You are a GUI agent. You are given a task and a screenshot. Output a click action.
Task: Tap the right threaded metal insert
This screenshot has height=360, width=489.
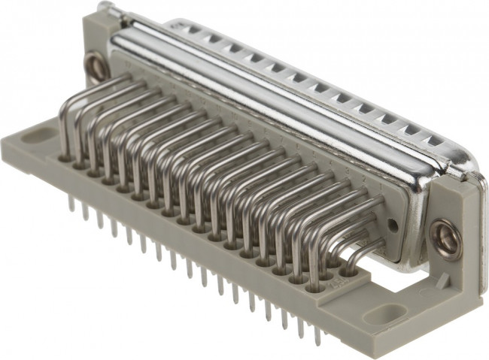[445, 234]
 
